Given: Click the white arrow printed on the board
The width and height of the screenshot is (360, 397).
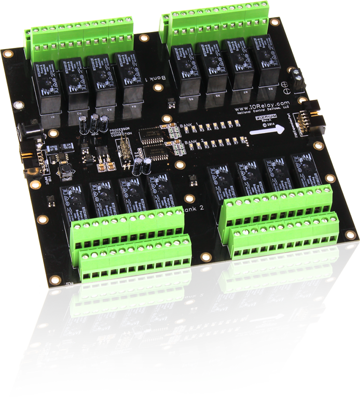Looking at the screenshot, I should pos(268,131).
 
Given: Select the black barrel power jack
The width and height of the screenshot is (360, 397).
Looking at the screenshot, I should pos(26,131).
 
